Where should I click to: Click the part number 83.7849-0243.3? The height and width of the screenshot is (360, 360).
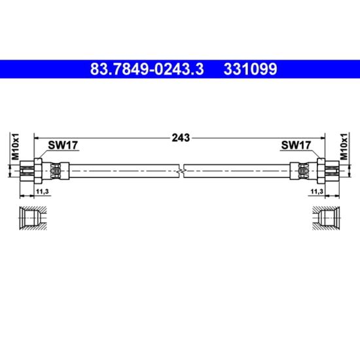tap(147, 69)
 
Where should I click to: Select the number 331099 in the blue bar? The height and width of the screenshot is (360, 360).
tap(250, 69)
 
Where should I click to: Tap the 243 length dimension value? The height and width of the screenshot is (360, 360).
tap(181, 137)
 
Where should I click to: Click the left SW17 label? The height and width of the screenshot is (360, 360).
tap(63, 145)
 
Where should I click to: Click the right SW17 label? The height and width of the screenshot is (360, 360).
tap(296, 145)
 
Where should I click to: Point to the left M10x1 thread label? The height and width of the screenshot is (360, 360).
tap(16, 146)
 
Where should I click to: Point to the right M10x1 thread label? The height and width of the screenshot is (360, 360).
tap(344, 146)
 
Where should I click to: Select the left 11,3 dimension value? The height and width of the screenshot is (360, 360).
tap(43, 191)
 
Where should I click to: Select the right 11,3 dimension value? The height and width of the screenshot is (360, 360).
tap(317, 191)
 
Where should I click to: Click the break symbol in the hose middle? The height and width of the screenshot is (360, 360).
tap(181, 171)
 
